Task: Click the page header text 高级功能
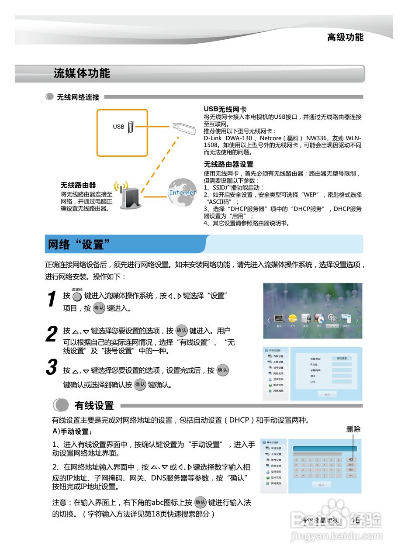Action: coord(345,38)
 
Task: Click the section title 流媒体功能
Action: coord(82,73)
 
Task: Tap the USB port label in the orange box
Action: coord(119,127)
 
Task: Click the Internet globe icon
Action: coord(182,192)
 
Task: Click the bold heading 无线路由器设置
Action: coord(228,165)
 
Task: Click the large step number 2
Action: coord(52,335)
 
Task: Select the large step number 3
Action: coord(52,368)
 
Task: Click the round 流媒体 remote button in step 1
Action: coord(77,297)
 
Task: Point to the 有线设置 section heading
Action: coord(94,406)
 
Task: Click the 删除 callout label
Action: coord(353,429)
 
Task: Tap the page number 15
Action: coord(356,520)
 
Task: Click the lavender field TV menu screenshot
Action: coord(312,311)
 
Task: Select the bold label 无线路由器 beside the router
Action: coord(78,185)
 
